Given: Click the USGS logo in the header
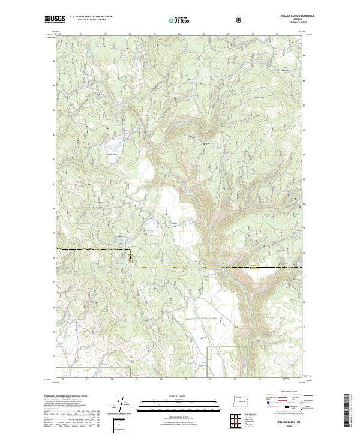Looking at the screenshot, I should pos(55,20).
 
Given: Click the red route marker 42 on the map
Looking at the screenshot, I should pos(236,326).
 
